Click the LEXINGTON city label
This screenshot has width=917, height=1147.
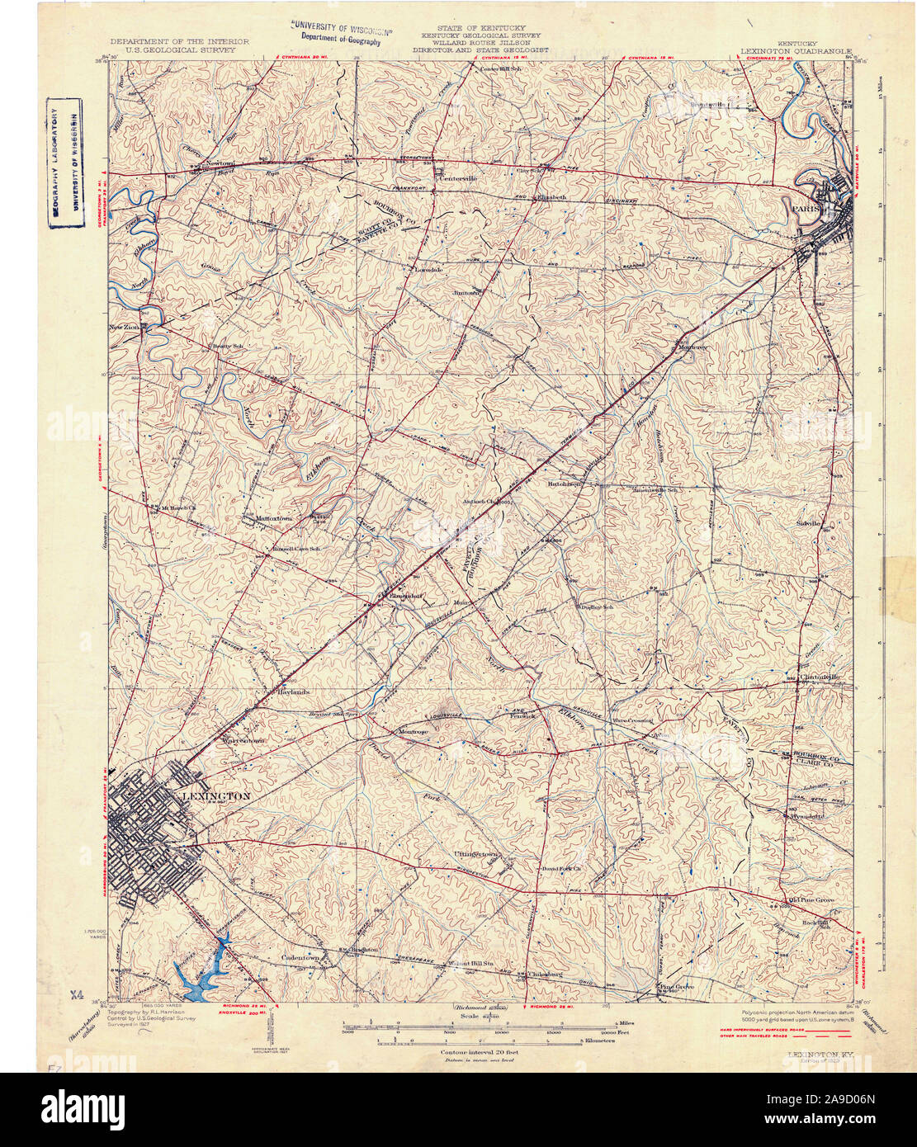pos(215,796)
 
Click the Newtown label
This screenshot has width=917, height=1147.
pos(220,163)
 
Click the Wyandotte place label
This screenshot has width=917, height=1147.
pos(806,815)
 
